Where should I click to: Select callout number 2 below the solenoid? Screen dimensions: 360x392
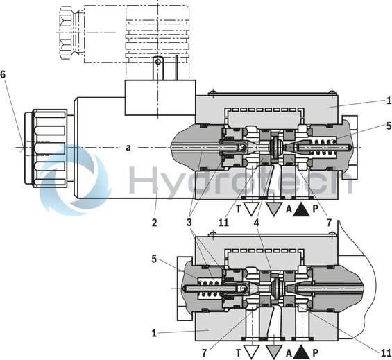155,223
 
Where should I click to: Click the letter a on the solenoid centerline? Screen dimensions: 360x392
128,147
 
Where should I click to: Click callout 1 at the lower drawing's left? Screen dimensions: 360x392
154,333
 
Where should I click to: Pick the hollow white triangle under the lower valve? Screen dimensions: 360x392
252,352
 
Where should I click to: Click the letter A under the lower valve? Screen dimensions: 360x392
289,352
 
